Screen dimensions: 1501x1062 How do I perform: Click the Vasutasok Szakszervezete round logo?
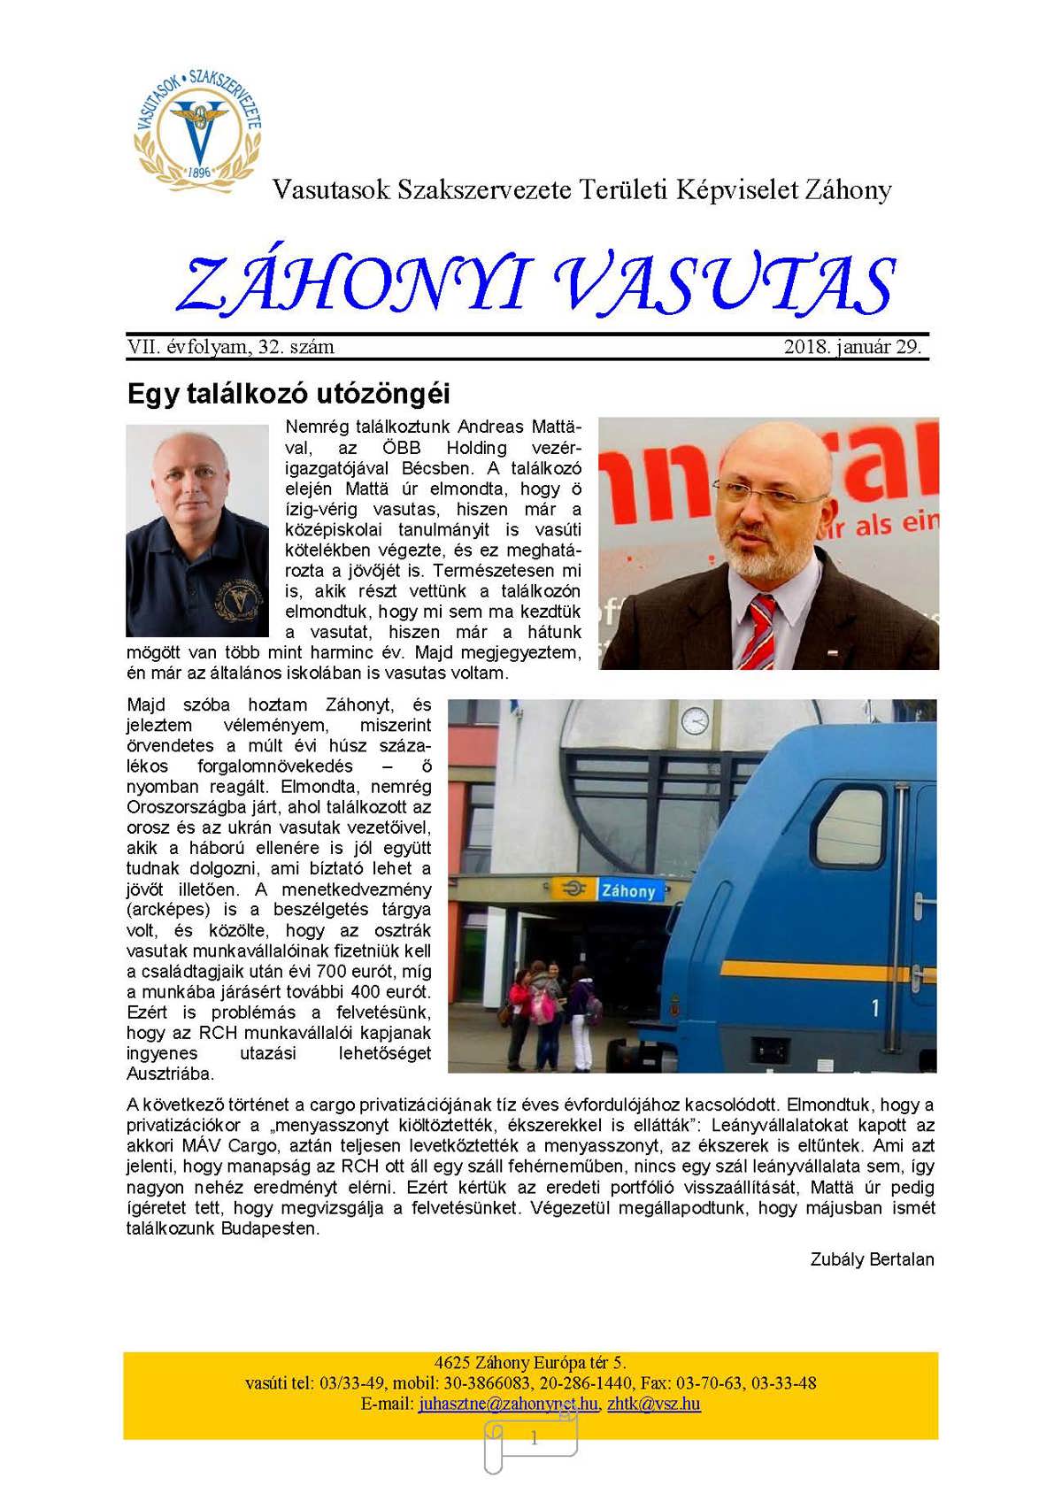(x=197, y=127)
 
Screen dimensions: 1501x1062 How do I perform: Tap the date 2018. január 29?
(x=852, y=347)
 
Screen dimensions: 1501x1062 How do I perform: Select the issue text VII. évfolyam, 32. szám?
(x=231, y=347)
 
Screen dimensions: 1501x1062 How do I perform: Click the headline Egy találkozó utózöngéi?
(x=289, y=393)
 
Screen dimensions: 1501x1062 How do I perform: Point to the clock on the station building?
(x=695, y=720)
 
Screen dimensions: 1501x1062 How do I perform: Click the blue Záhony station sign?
(x=628, y=890)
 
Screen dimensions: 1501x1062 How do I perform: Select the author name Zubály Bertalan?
(x=872, y=1259)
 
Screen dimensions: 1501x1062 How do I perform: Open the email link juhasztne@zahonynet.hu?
(x=508, y=1404)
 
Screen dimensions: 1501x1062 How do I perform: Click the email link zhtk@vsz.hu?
(x=654, y=1404)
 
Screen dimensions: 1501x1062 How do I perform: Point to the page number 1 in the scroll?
(x=534, y=1439)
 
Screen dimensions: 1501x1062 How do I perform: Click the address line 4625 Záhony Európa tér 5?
(x=530, y=1363)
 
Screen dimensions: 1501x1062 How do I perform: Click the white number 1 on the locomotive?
(x=874, y=1007)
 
